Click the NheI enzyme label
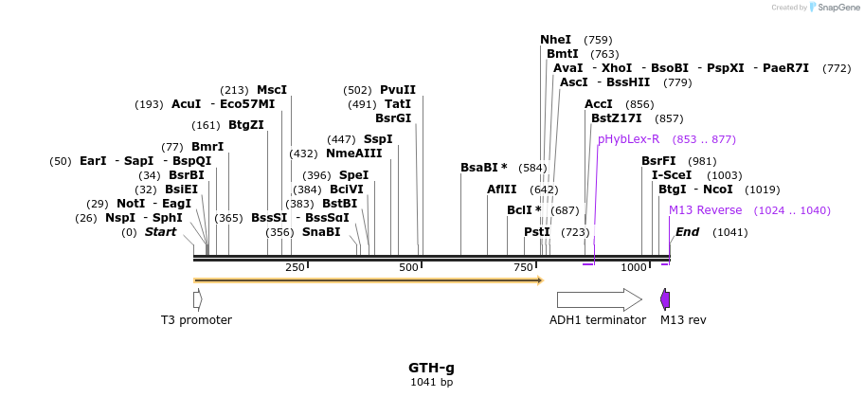(556, 40)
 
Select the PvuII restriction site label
(398, 90)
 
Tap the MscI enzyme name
(272, 90)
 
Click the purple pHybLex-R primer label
(628, 139)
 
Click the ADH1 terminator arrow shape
(599, 299)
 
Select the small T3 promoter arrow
(197, 299)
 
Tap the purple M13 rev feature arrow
(665, 299)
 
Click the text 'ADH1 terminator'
(597, 320)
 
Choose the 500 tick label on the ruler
(409, 268)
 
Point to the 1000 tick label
(634, 268)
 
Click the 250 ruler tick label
(295, 268)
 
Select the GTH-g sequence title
(431, 368)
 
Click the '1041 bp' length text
(431, 383)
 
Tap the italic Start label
(160, 232)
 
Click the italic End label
(687, 232)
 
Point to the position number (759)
(598, 40)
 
